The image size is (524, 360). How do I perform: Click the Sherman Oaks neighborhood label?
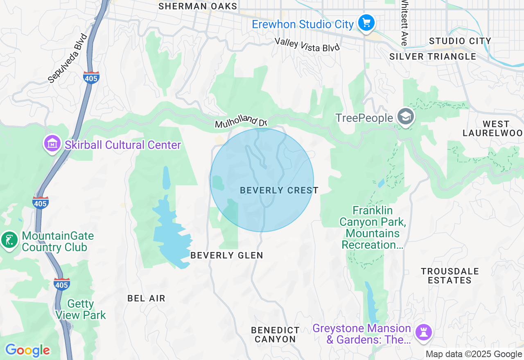(198, 6)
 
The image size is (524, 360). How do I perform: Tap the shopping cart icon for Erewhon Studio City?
(366, 23)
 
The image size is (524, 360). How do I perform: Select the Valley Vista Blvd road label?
(307, 45)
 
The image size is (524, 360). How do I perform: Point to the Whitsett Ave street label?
(404, 22)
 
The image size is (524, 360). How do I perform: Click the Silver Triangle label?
(433, 56)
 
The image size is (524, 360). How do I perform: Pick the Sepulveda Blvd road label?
(68, 58)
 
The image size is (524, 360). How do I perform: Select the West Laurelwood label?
(493, 128)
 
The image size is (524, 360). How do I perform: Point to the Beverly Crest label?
(279, 190)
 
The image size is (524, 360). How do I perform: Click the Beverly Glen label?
(227, 255)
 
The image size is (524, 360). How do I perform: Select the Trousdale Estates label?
(449, 276)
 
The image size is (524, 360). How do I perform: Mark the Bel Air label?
(146, 298)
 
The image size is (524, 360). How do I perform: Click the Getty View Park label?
(81, 310)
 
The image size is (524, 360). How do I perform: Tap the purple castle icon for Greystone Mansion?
(423, 332)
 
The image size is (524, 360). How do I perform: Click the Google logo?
(27, 351)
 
